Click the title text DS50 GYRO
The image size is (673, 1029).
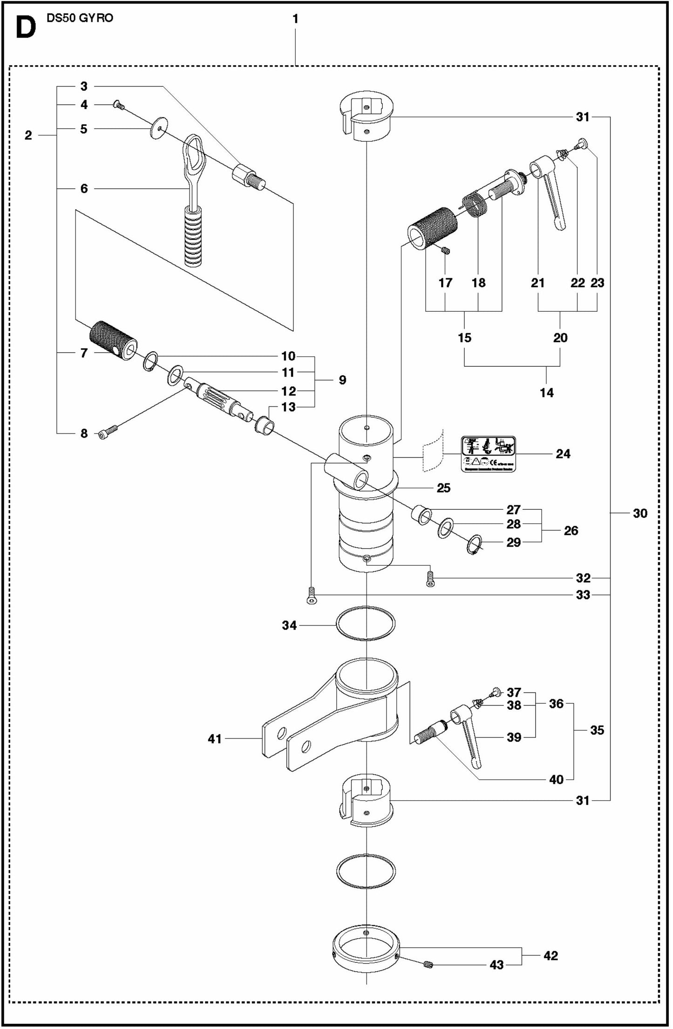pyautogui.click(x=80, y=19)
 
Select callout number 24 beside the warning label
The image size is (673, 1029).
pyautogui.click(x=563, y=453)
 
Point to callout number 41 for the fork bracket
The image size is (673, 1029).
pyautogui.click(x=214, y=739)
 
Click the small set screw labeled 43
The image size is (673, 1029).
pyautogui.click(x=429, y=965)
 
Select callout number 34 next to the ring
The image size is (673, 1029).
pyautogui.click(x=289, y=625)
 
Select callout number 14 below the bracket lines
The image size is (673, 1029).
pyautogui.click(x=546, y=392)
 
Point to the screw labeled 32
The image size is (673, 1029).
pyautogui.click(x=430, y=578)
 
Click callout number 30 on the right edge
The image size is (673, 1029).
pyautogui.click(x=639, y=513)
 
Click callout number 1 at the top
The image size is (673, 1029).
pyautogui.click(x=295, y=19)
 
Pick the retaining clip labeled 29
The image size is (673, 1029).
pyautogui.click(x=474, y=544)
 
